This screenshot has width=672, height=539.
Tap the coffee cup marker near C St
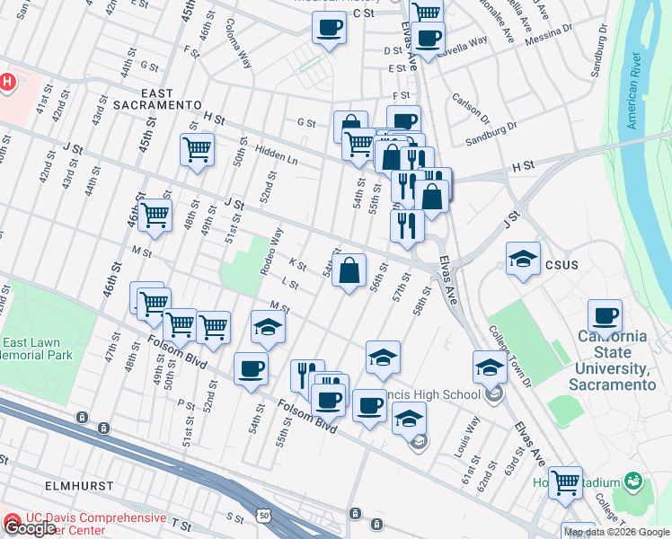[x=330, y=28]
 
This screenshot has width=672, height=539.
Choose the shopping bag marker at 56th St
[x=349, y=268]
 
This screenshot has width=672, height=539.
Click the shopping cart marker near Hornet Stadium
[x=566, y=482]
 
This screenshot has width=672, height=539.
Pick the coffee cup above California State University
[x=606, y=315]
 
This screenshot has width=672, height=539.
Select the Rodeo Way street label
[x=271, y=252]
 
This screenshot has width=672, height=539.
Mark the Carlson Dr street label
[x=472, y=110]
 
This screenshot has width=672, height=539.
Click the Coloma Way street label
[x=239, y=43]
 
